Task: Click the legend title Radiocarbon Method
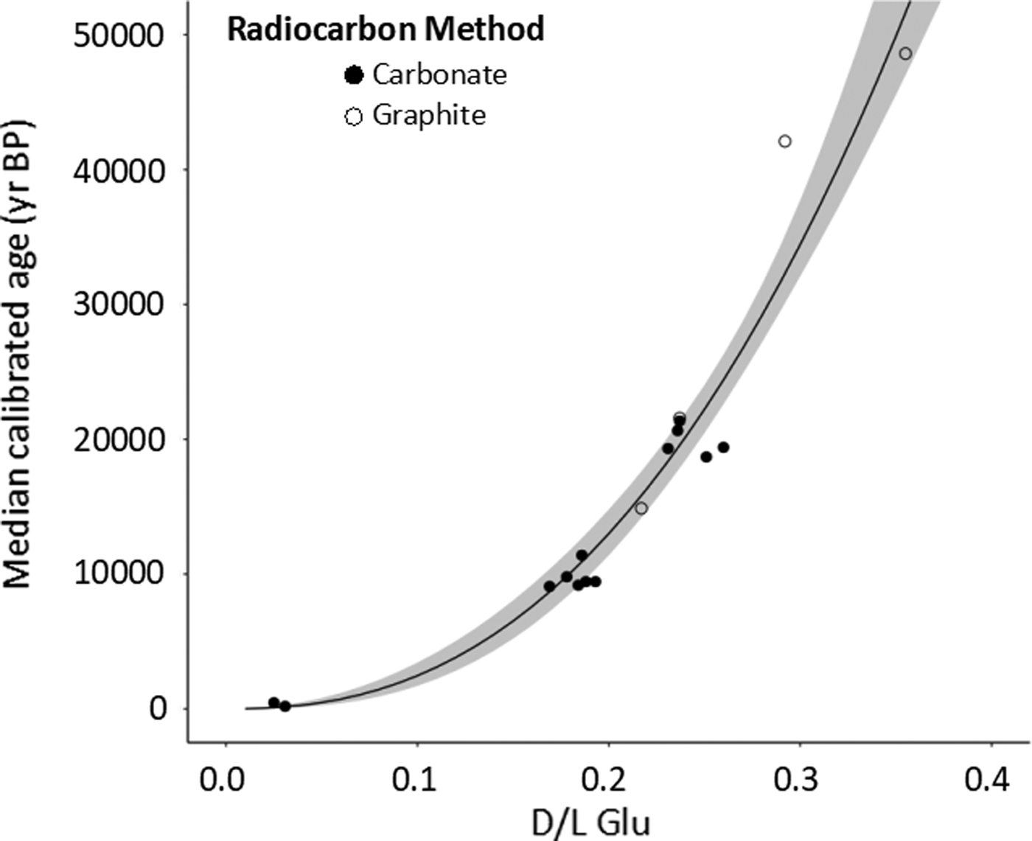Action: click(x=386, y=29)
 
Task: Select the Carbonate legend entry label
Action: click(x=439, y=74)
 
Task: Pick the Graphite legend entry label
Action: click(x=429, y=115)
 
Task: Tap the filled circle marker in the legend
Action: click(x=355, y=75)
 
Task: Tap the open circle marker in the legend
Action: click(x=354, y=116)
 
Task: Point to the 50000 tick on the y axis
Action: click(x=119, y=35)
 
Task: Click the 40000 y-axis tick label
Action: click(x=119, y=170)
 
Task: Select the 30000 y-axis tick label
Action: click(x=119, y=304)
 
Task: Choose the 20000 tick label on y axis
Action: click(x=119, y=439)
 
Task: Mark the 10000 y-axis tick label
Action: click(x=119, y=573)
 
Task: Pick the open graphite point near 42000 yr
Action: click(x=785, y=141)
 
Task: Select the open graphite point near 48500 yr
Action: click(x=905, y=54)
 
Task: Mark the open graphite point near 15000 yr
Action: click(x=641, y=508)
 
